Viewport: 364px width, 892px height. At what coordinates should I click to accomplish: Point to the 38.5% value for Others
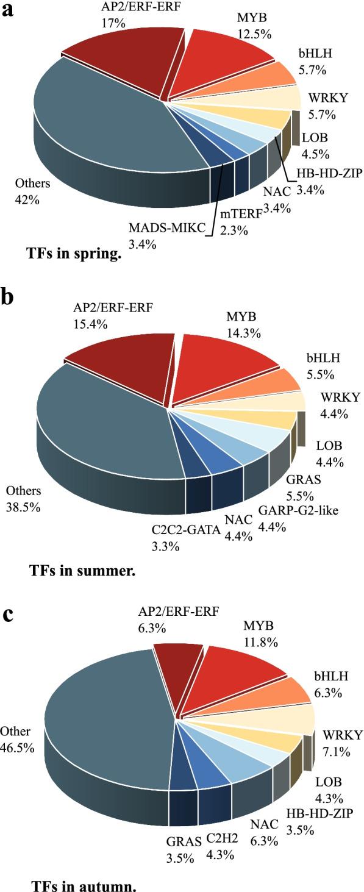[x=23, y=506]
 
